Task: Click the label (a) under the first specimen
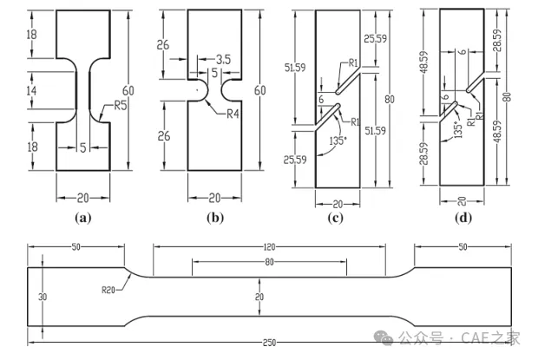(83, 218)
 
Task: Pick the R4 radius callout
(235, 113)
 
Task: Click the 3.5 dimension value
(220, 59)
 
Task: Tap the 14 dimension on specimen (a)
(31, 89)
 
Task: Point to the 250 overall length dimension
(269, 343)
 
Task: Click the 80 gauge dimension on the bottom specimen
(268, 261)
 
